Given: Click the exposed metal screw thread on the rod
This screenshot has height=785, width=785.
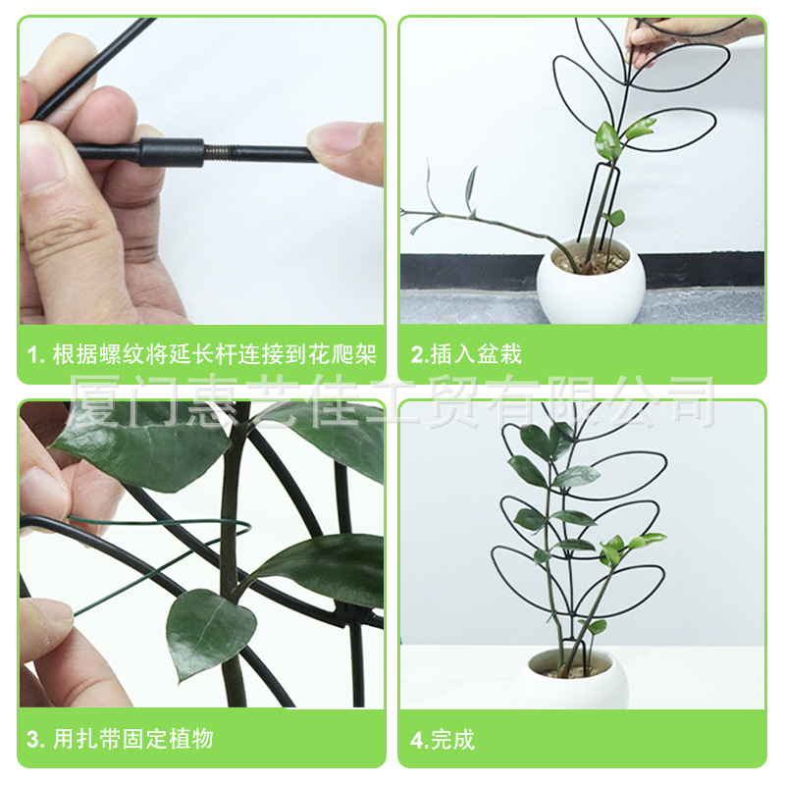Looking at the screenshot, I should click(x=217, y=152).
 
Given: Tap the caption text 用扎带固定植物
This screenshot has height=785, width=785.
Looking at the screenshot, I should click(x=132, y=738).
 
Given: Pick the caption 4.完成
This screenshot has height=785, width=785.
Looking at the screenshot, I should click(x=443, y=739).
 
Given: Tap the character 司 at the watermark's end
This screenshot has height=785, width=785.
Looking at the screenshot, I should click(x=687, y=401).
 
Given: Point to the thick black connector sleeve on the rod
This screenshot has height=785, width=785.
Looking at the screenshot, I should click(x=172, y=152).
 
